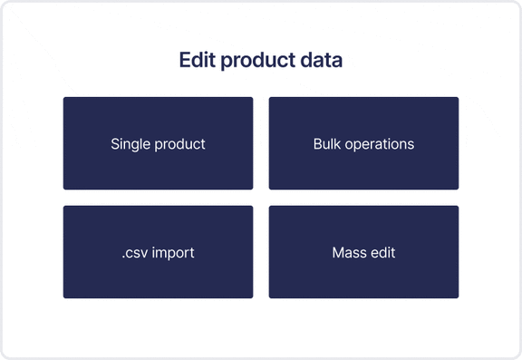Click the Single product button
pyautogui.click(x=158, y=143)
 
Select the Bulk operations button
pyautogui.click(x=363, y=143)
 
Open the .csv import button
pyautogui.click(x=158, y=252)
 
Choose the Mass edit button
pyautogui.click(x=363, y=252)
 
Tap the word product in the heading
pyautogui.click(x=256, y=62)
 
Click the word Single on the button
pyautogui.click(x=130, y=144)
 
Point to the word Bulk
pyautogui.click(x=327, y=143)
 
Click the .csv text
pyautogui.click(x=134, y=252)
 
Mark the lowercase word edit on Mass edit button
pyautogui.click(x=382, y=252)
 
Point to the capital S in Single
pyautogui.click(x=115, y=143)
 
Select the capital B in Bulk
pyautogui.click(x=317, y=143)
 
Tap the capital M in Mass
pyautogui.click(x=338, y=252)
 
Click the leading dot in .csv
pyautogui.click(x=122, y=257)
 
